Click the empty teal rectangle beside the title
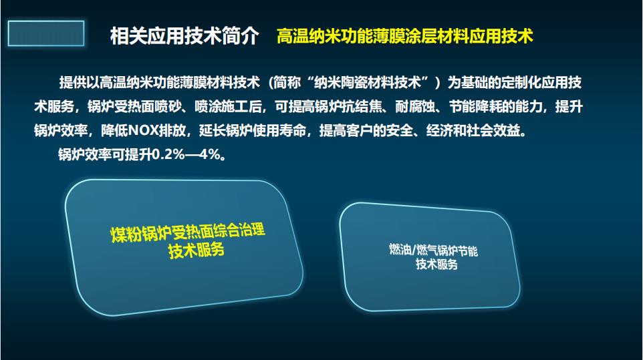tap(46, 33)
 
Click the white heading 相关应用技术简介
tap(184, 36)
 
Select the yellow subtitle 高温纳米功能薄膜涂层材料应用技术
tap(405, 36)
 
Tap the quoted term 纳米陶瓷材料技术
tap(368, 83)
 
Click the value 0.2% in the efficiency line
tap(169, 154)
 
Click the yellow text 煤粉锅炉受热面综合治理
tap(188, 232)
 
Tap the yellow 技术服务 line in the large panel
tap(196, 250)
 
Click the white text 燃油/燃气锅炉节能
tap(433, 250)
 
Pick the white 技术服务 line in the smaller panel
tap(436, 264)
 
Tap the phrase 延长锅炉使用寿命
tap(253, 131)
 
